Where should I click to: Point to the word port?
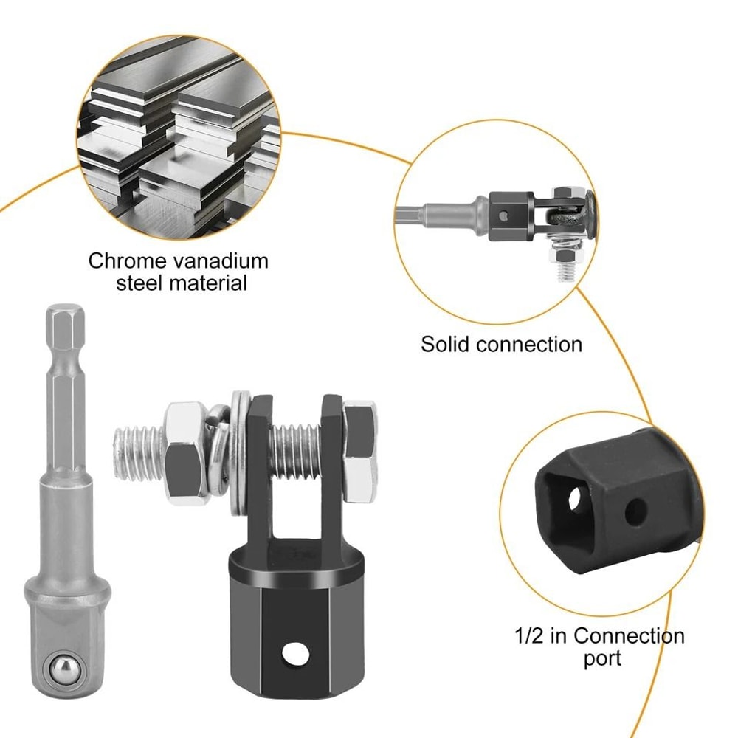click(603, 658)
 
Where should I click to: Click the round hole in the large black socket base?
click(296, 652)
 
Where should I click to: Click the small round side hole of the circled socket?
click(632, 509)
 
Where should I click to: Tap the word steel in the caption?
click(140, 283)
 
